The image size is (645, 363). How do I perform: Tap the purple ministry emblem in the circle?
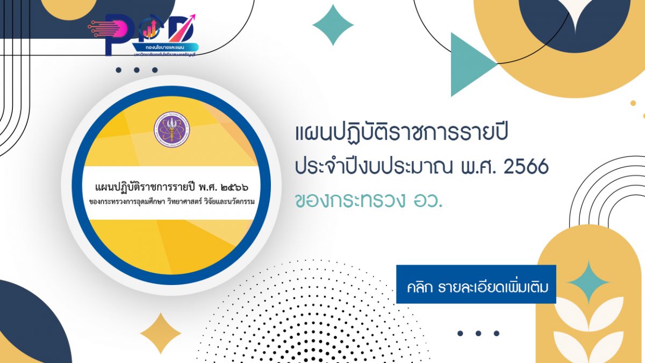pyautogui.click(x=171, y=131)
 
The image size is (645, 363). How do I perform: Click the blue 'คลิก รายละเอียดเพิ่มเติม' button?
pyautogui.click(x=476, y=284)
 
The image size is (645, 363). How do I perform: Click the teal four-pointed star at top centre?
pyautogui.click(x=333, y=25)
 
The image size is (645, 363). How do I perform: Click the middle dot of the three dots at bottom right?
pyautogui.click(x=478, y=333)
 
